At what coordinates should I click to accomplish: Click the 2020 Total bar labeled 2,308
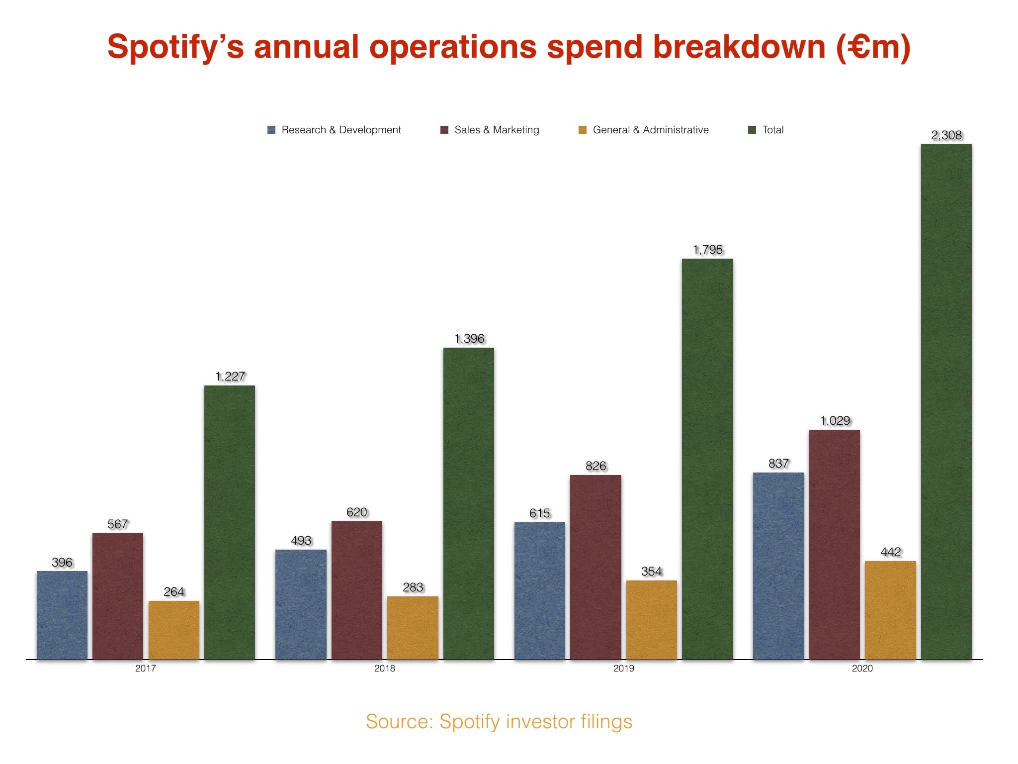click(x=946, y=402)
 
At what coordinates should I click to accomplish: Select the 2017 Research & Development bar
click(x=62, y=615)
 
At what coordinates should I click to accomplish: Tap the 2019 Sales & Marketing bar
click(x=595, y=567)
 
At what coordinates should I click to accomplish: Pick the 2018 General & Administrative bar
click(x=413, y=628)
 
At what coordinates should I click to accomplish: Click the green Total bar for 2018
click(x=468, y=503)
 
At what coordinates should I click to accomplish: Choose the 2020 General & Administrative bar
click(x=890, y=610)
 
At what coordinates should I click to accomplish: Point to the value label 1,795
click(x=707, y=250)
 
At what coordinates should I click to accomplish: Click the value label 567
click(x=118, y=524)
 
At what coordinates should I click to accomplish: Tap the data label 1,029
click(x=835, y=421)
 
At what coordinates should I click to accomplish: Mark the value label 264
click(x=174, y=592)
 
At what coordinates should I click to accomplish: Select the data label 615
click(x=540, y=513)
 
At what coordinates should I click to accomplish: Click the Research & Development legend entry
click(x=334, y=130)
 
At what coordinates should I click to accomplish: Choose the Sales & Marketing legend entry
click(x=490, y=130)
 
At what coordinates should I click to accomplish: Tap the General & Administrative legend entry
click(x=644, y=130)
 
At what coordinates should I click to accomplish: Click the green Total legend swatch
click(x=752, y=130)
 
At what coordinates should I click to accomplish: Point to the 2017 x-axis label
click(x=146, y=668)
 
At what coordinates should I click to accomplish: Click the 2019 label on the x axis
click(x=623, y=668)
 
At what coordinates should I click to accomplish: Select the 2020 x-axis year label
click(x=862, y=668)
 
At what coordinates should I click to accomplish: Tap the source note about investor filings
click(x=499, y=722)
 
